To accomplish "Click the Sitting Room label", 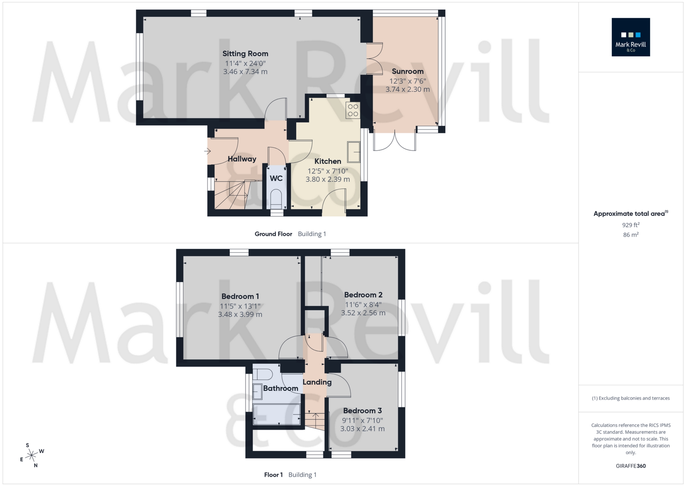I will point(245,54).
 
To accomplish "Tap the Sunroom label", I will point(408,71).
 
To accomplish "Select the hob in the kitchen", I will point(353,110).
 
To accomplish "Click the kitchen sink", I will point(354,152).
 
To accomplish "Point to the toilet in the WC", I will point(276,199).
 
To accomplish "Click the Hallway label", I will point(242,159).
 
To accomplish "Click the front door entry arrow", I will point(207,151).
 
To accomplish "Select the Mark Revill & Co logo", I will point(630,37).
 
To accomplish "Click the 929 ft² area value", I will point(630,225).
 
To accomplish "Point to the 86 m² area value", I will point(630,235).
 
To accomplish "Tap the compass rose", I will point(32,455).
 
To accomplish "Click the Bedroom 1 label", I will point(240,296).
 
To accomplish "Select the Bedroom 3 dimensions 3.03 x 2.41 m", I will point(362,429).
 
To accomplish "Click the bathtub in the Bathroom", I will point(277,414).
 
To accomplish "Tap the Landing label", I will point(317,382).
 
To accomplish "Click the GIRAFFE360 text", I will point(630,466).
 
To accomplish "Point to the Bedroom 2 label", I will point(363,295).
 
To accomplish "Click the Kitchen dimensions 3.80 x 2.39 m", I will point(328,179).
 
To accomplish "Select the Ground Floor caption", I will point(273,234).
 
